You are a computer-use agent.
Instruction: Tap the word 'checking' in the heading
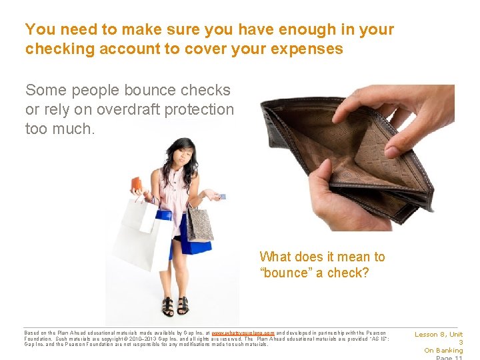coord(56,49)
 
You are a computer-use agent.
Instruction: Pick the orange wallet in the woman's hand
coord(136,183)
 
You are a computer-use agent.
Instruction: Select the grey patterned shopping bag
coord(199,223)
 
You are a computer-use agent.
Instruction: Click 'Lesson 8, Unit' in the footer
coord(439,335)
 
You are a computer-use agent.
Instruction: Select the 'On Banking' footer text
coord(443,351)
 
